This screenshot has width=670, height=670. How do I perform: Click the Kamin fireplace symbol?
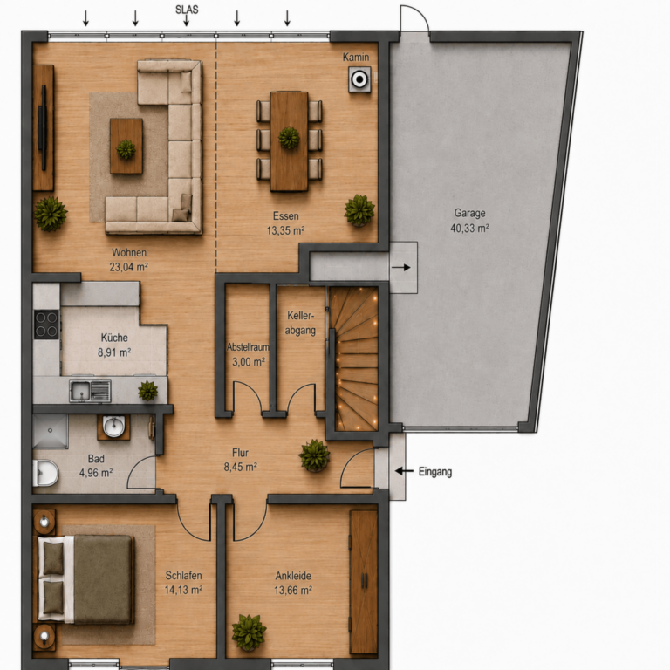coord(359,79)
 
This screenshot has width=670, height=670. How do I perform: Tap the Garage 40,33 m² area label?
coord(469,221)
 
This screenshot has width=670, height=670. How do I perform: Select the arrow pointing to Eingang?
coord(404,471)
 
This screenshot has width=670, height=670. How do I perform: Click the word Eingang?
coord(435,472)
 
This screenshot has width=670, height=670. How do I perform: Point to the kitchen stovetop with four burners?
coord(46,325)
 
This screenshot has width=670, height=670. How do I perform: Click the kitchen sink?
coord(90,391)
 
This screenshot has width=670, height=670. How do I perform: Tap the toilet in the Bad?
coord(45,473)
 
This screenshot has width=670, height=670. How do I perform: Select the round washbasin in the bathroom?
coord(114,426)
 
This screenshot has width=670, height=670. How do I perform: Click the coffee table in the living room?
coord(126,147)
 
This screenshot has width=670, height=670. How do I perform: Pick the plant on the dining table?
coord(289,138)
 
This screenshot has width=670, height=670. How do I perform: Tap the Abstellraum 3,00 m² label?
coord(249,354)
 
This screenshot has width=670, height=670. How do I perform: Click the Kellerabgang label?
coord(300,323)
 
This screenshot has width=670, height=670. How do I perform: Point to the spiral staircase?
coord(354,359)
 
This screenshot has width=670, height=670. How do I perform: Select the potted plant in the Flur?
coord(314,455)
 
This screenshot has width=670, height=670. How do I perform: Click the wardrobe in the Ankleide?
coord(364,582)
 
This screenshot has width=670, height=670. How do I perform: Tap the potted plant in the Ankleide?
coord(249,632)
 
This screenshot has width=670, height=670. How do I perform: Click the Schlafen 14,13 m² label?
coord(184,583)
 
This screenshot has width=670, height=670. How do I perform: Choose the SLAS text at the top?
coord(187,10)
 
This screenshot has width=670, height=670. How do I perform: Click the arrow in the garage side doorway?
coord(400,268)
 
